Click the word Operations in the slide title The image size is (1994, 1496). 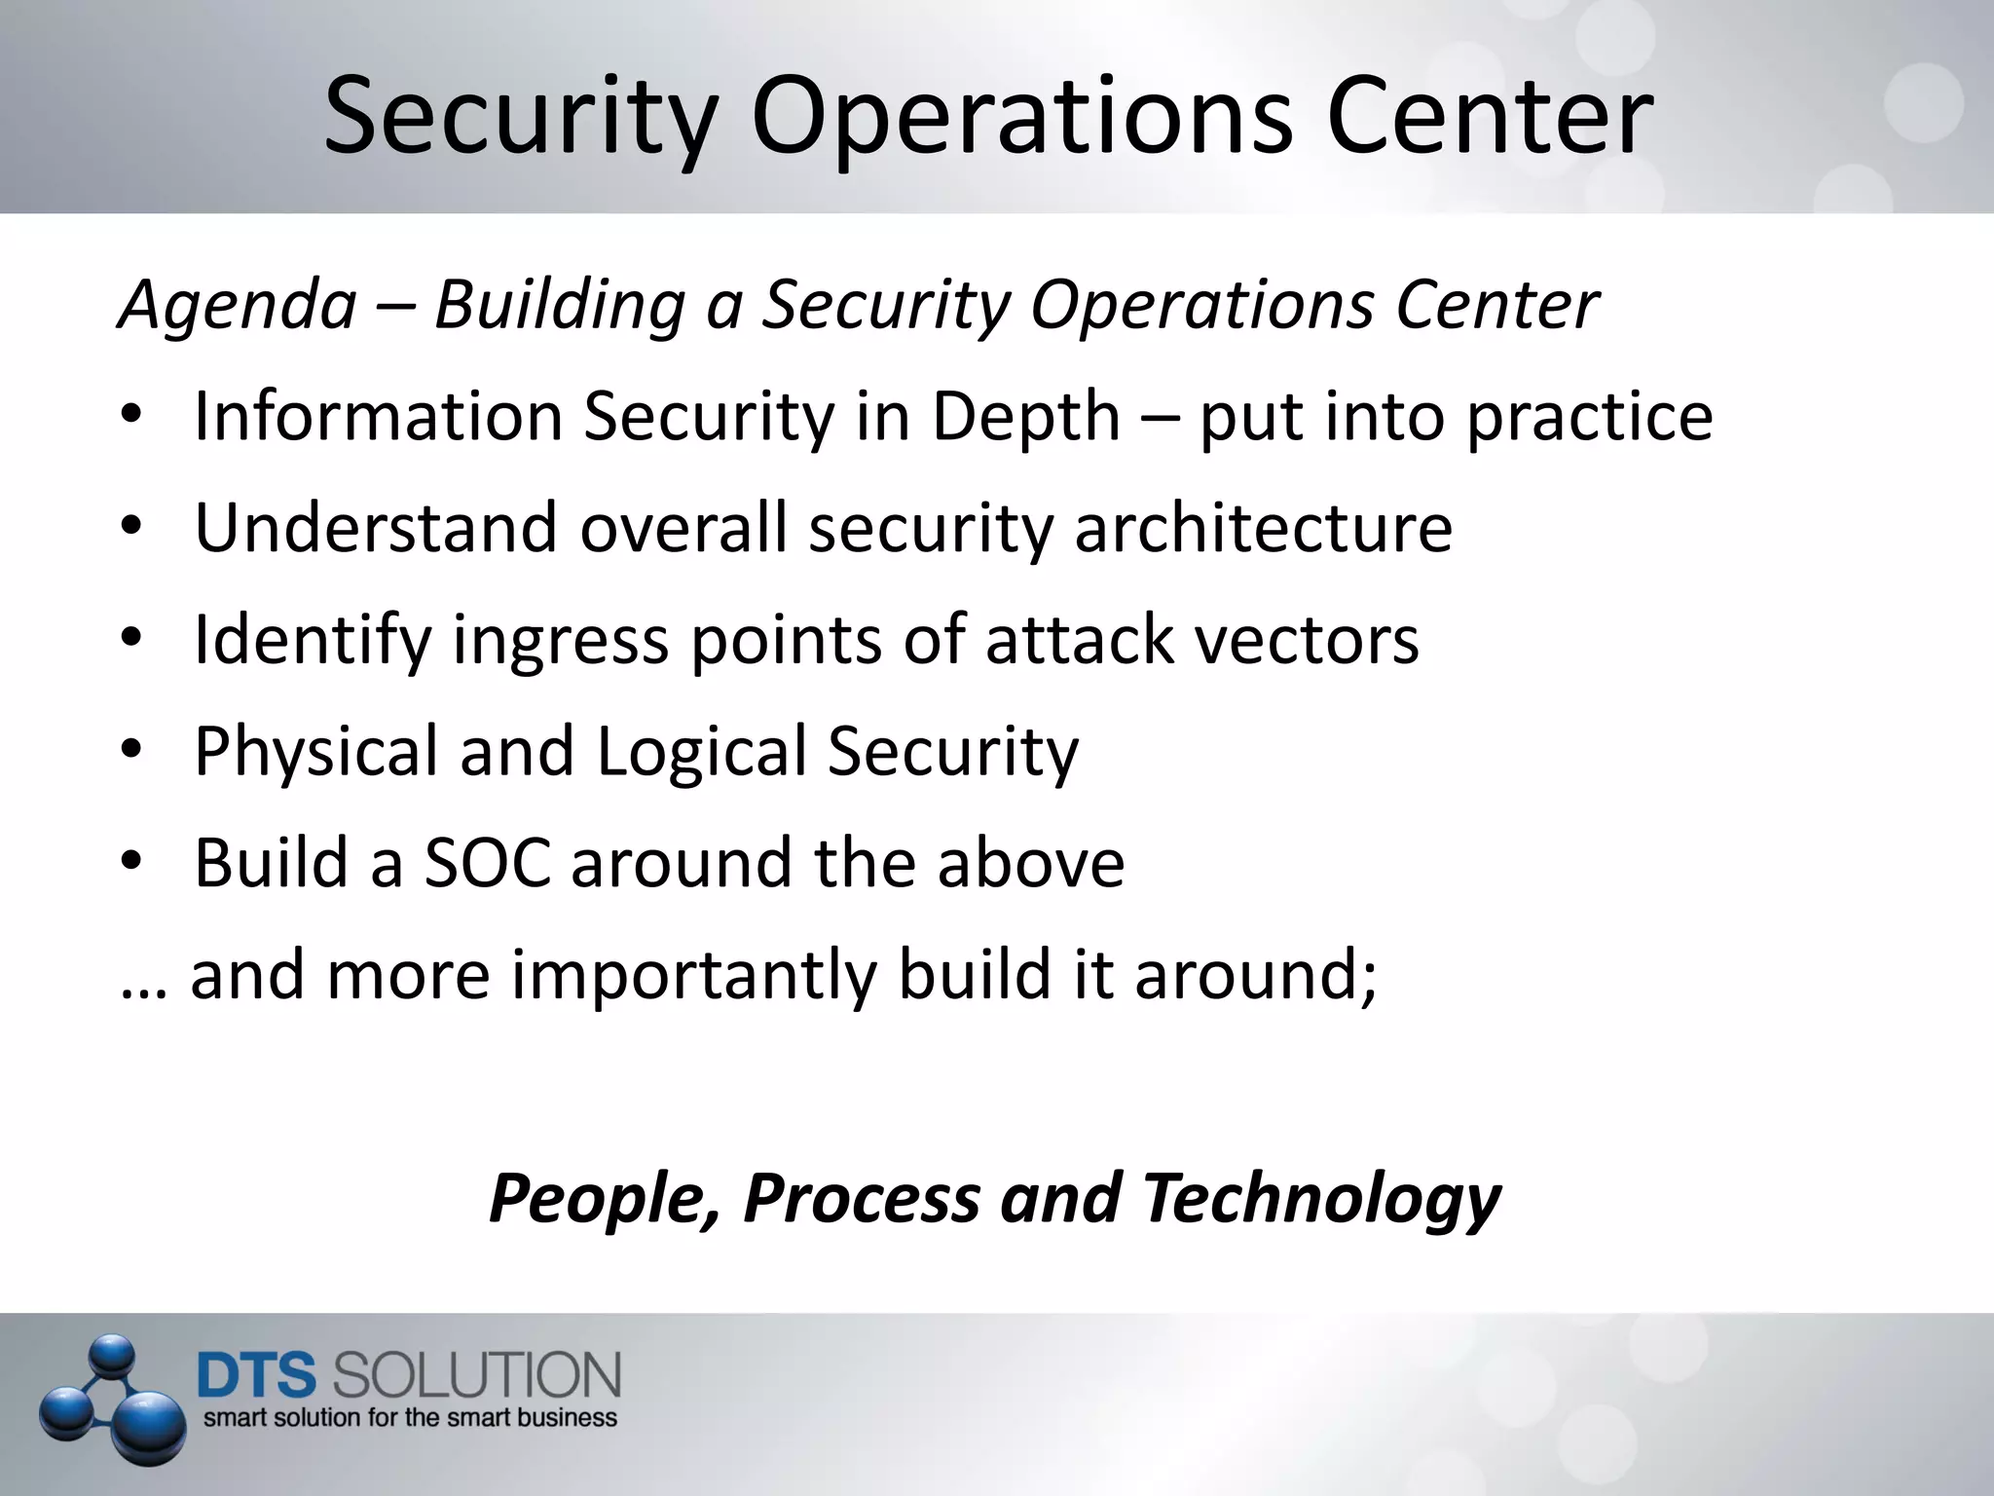click(1021, 119)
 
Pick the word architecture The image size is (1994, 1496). click(1263, 528)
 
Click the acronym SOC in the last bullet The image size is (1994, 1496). click(487, 863)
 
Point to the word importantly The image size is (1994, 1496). click(693, 976)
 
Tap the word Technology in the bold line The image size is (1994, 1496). click(1322, 1198)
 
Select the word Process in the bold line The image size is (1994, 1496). click(862, 1198)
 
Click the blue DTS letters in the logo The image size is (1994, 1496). click(257, 1375)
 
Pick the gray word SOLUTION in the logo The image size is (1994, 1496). click(477, 1375)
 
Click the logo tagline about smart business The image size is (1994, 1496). click(410, 1418)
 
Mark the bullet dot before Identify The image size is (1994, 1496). click(132, 639)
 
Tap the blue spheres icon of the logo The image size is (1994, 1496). click(112, 1399)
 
